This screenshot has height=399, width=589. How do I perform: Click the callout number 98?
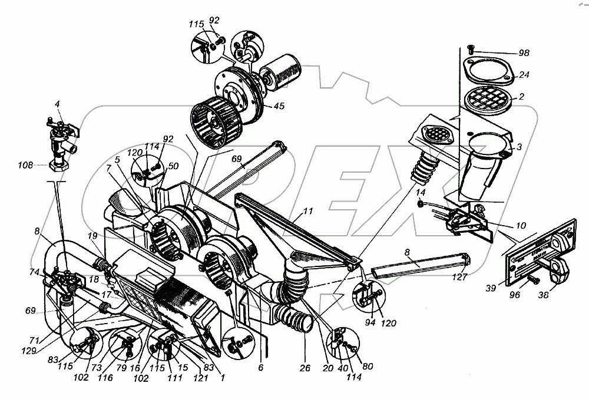click(x=523, y=53)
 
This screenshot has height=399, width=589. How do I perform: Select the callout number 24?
click(x=523, y=75)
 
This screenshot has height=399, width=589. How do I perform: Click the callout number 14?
click(x=420, y=192)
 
